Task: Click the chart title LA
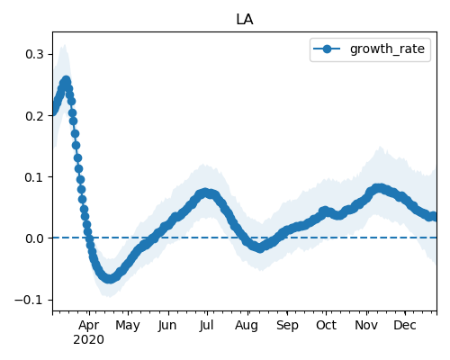click(x=245, y=20)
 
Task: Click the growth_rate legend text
click(x=387, y=49)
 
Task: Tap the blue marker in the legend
click(x=327, y=49)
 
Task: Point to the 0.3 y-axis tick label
click(x=34, y=55)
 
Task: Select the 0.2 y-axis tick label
click(x=34, y=116)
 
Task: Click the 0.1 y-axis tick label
click(x=34, y=177)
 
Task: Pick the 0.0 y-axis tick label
click(x=34, y=238)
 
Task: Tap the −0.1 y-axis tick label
click(x=29, y=300)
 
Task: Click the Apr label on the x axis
click(x=89, y=326)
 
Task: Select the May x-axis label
click(x=128, y=326)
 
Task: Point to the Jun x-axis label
click(x=167, y=326)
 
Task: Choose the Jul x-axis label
click(x=206, y=326)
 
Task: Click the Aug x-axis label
click(x=247, y=326)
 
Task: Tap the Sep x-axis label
click(x=287, y=326)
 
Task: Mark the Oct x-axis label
click(x=326, y=326)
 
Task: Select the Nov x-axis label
click(x=366, y=326)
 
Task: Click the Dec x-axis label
click(x=405, y=326)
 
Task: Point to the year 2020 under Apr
click(x=89, y=340)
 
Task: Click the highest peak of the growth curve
click(x=66, y=80)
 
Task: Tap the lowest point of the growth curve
click(x=110, y=278)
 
